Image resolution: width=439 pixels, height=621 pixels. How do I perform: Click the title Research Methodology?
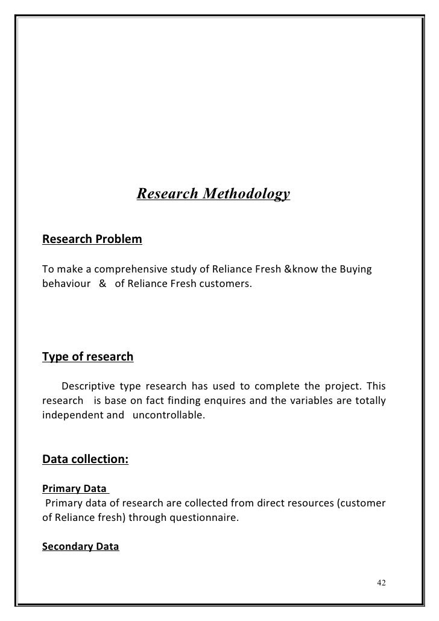click(213, 194)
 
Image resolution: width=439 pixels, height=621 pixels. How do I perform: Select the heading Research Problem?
click(92, 240)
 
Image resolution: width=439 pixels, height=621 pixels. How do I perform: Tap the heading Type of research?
click(87, 356)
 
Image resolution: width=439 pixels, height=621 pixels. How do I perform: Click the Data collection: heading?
click(85, 460)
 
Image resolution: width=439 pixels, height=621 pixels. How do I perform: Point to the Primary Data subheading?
click(74, 488)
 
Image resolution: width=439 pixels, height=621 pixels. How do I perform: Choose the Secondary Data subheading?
click(80, 547)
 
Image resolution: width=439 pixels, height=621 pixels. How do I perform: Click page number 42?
click(381, 583)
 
